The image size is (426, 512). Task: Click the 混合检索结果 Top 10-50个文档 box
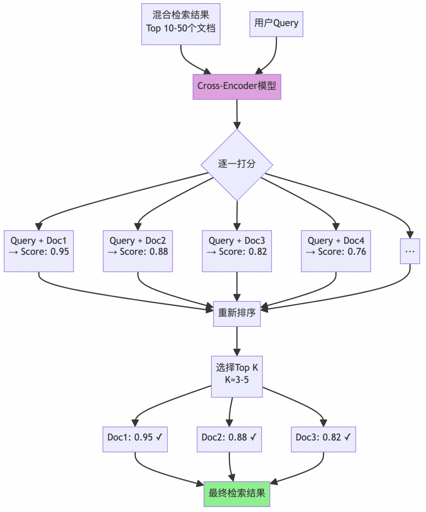pos(181,24)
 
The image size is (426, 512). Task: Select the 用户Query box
pos(276,24)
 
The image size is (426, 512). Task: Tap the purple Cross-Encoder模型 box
pos(237,87)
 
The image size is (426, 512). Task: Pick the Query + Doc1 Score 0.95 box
pos(39,251)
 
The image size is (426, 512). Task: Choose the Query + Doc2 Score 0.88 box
pos(138,251)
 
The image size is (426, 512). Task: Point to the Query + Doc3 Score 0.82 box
pos(237,251)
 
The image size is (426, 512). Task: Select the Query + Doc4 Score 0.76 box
pos(336,251)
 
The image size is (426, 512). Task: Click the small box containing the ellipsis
pos(410,251)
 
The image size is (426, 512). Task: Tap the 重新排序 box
pos(237,314)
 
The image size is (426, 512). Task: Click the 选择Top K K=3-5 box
pos(237,376)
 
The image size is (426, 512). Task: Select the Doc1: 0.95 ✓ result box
pos(135,439)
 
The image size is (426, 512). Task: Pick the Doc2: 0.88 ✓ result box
pos(229,439)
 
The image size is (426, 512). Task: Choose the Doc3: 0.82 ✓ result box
pos(323,439)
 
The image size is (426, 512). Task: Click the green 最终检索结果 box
pos(237,493)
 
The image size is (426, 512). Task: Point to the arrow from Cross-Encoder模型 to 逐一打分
pos(237,114)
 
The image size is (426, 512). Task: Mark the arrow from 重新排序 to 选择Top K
pos(237,341)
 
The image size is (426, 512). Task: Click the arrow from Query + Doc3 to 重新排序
pos(237,286)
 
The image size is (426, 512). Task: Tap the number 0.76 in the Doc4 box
pos(357,252)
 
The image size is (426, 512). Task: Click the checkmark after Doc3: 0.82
pos(347,437)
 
